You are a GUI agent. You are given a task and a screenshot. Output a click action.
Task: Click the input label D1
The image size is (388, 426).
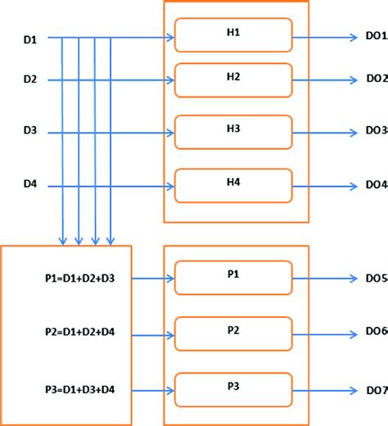29,39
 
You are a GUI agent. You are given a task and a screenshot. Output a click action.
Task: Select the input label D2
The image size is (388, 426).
29,80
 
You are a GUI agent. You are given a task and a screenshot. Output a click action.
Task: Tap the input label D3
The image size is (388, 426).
29,131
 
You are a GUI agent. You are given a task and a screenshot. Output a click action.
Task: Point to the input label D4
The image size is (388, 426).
29,186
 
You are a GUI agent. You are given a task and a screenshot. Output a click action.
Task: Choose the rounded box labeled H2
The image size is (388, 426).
233,79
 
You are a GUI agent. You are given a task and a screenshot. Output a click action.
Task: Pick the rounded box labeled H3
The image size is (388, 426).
233,131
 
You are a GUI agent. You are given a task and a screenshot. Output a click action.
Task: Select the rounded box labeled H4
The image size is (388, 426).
233,185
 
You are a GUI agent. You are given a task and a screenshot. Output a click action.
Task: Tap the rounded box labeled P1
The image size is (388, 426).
233,278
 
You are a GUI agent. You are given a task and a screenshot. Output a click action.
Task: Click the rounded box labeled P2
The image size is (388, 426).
233,333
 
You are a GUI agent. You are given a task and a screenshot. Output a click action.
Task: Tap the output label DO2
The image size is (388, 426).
376,80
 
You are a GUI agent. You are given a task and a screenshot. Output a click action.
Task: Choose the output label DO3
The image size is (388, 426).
376,131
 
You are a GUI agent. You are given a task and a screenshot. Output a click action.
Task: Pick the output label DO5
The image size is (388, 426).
376,279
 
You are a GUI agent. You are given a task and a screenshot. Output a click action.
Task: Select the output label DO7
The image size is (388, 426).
376,390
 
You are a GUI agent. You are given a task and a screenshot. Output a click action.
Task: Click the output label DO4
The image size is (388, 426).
376,186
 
